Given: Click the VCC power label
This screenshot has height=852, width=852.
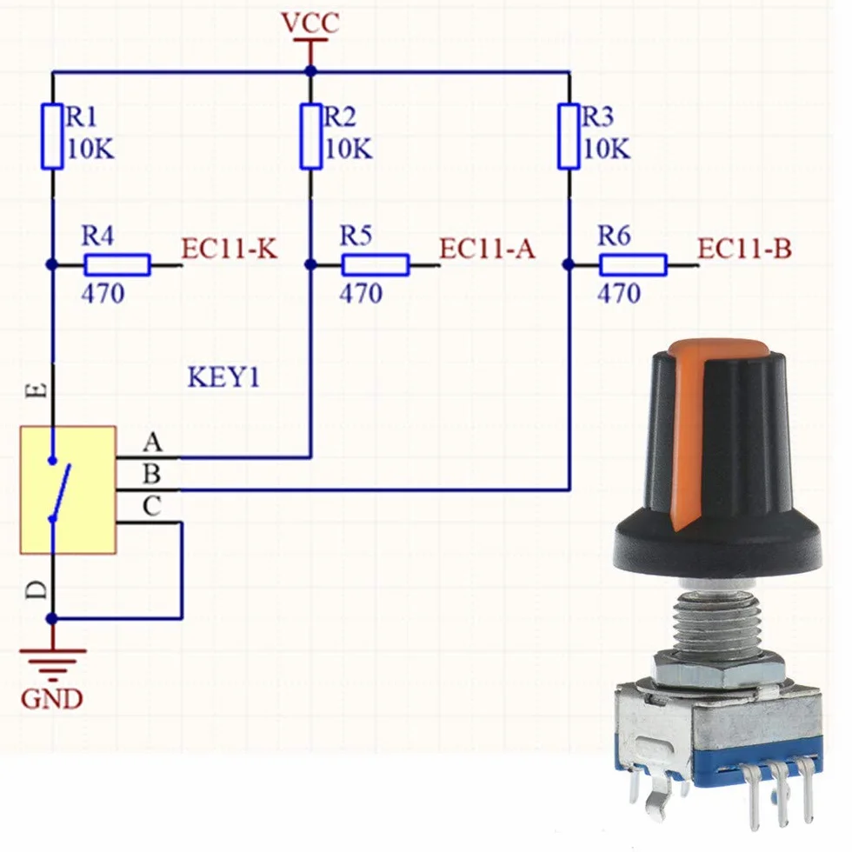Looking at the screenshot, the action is (310, 23).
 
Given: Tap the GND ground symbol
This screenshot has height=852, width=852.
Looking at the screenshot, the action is (53, 664).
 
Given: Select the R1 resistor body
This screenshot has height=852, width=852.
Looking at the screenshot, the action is (52, 136).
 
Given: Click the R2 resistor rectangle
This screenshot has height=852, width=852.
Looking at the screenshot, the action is (311, 136).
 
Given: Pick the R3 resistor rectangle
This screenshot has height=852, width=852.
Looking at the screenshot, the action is (569, 136).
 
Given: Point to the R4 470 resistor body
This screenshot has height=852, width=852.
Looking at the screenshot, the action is (117, 265).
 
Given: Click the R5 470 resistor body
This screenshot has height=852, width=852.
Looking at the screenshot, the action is (376, 265).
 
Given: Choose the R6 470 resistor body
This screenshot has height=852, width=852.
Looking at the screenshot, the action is (634, 265).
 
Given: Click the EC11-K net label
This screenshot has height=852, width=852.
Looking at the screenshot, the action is (230, 249).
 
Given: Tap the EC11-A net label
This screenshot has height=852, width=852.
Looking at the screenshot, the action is (488, 249).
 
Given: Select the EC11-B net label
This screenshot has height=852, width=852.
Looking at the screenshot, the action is (745, 249).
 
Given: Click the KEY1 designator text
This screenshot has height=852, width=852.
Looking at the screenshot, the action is (224, 377).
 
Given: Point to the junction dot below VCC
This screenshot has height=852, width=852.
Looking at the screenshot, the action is (311, 71).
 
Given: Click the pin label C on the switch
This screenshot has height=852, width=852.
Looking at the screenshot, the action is (152, 506).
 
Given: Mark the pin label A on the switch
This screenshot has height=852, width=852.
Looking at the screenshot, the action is (153, 443).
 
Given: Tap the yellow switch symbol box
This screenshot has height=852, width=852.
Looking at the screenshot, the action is (68, 490).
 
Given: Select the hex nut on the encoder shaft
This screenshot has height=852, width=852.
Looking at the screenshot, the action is (718, 668).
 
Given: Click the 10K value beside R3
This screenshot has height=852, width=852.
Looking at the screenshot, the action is (608, 149).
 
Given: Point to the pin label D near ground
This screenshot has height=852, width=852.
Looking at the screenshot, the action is (37, 589).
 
